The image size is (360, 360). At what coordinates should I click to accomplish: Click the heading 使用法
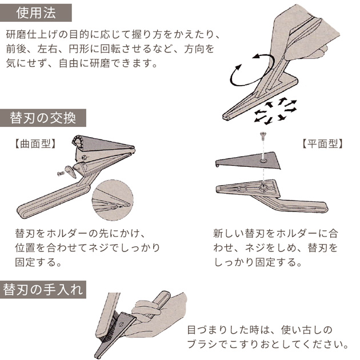(x=36, y=13)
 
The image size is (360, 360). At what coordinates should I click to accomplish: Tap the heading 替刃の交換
(x=43, y=118)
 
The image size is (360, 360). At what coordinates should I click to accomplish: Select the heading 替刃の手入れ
(x=43, y=289)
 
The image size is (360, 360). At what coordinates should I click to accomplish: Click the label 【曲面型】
(x=35, y=144)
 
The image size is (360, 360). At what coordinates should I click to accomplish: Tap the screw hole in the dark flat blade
(x=263, y=161)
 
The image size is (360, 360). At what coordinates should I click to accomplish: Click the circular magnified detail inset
(x=113, y=200)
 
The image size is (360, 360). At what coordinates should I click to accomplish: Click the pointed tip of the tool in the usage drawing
(x=225, y=117)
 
